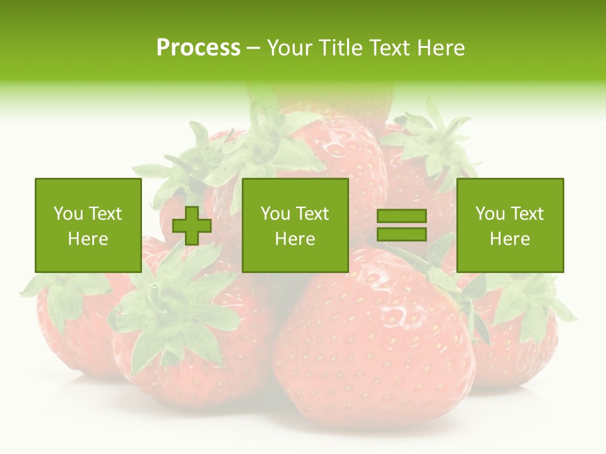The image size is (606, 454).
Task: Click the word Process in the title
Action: tap(198, 48)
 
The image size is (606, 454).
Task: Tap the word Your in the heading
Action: tap(291, 48)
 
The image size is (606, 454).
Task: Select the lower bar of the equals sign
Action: tap(401, 234)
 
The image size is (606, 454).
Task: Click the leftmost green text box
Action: tap(88, 225)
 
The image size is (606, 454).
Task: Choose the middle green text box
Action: tap(295, 225)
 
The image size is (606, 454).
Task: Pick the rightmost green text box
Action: tap(510, 225)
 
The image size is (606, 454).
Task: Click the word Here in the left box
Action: tap(88, 239)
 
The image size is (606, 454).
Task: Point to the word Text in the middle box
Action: tap(311, 214)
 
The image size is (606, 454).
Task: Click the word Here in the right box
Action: tap(510, 239)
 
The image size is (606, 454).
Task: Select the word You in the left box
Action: tap(68, 214)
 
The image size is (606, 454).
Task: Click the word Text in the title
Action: tap(390, 48)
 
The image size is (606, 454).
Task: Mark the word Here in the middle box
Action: tap(295, 239)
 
